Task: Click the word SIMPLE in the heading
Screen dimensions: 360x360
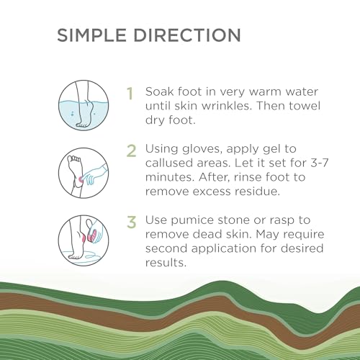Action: (92, 35)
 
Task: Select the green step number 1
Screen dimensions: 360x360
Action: (130, 94)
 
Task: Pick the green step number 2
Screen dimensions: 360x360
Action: (131, 150)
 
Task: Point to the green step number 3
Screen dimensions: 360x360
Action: (131, 220)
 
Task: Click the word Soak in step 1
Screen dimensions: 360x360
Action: (161, 94)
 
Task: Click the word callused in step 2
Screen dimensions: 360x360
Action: (172, 165)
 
